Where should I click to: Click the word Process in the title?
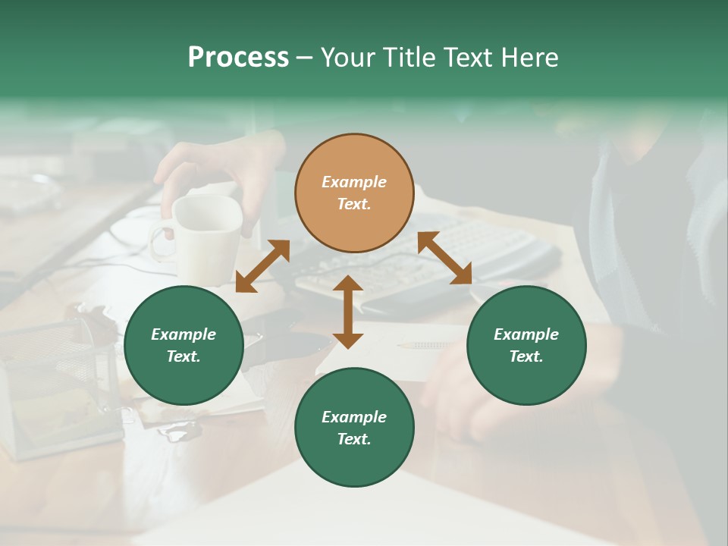(238, 58)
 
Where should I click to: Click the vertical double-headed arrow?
(348, 312)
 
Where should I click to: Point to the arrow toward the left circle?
(262, 266)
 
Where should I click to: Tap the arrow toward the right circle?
(445, 259)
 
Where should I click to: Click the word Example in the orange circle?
(354, 182)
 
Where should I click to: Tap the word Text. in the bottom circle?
(354, 439)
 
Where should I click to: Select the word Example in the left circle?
(184, 334)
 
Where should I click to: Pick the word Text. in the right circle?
(526, 356)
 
